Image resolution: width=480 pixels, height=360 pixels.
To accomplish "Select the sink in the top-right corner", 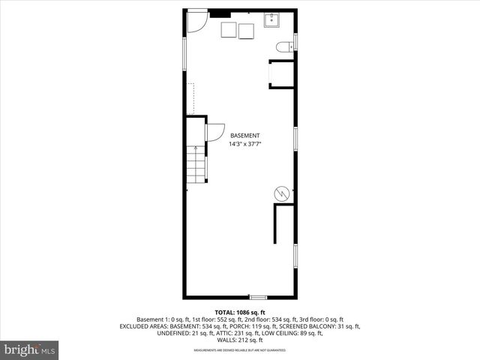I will click(271, 20).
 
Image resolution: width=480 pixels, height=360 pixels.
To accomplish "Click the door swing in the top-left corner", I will click(195, 21).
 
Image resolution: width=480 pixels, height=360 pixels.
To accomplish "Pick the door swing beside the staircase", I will click(214, 130).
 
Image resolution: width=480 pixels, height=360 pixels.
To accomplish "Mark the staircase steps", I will click(196, 164).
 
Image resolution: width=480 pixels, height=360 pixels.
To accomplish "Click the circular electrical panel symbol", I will click(282, 193).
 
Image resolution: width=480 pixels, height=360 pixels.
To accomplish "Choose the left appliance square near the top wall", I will click(229, 29).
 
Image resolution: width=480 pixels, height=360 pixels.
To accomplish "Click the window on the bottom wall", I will click(258, 297).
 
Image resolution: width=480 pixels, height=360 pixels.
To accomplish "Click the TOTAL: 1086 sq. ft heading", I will click(240, 312).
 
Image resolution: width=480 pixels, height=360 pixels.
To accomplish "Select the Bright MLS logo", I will click(30, 349).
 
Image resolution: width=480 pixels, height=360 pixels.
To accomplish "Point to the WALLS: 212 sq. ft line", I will click(240, 340).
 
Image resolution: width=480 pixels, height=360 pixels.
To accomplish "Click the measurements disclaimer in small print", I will click(240, 350).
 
